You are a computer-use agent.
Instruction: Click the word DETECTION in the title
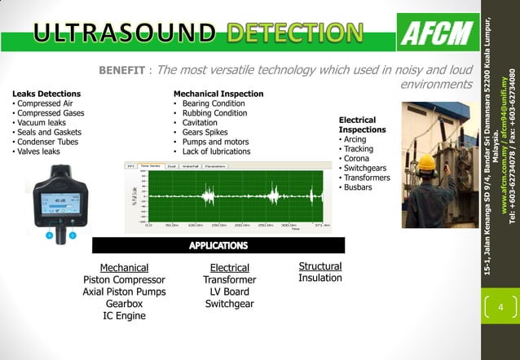click(x=294, y=33)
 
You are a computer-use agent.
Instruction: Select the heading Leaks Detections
click(x=46, y=94)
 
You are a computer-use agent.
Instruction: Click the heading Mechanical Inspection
click(x=218, y=94)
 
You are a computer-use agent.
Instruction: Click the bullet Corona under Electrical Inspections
click(x=355, y=159)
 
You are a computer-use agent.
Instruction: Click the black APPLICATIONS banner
click(x=218, y=245)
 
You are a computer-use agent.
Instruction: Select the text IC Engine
click(x=124, y=316)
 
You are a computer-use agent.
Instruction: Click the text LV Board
click(x=230, y=292)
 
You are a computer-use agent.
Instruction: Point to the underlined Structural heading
click(x=320, y=266)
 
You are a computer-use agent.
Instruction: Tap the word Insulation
click(x=320, y=279)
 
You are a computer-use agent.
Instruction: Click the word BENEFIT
click(x=122, y=70)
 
